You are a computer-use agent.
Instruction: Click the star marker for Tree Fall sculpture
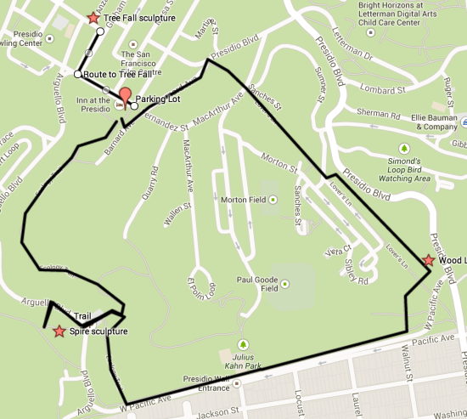coord(93,17)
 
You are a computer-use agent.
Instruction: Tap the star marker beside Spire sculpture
coord(59,331)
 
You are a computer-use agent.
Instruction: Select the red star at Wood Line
coord(429,260)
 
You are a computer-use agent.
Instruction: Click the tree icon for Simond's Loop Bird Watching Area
coord(405,148)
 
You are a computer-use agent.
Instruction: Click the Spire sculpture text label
coord(99,331)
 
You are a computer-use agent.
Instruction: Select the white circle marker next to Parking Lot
coord(134,106)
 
